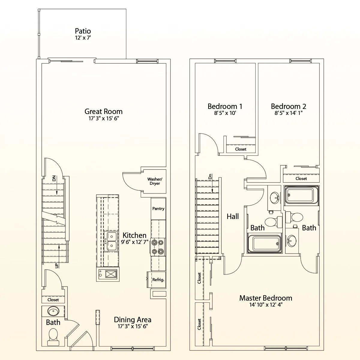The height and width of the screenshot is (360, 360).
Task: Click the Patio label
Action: coord(83,31)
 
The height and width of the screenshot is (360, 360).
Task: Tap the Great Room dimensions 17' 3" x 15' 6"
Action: coord(104,118)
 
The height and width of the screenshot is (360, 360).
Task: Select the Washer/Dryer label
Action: coord(155,181)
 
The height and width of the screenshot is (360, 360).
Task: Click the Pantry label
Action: coord(158,208)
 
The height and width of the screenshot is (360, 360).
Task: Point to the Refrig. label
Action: coord(158,280)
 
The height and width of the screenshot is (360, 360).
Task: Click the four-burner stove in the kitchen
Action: coord(158,247)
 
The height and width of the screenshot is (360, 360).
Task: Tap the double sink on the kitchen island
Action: coord(111,241)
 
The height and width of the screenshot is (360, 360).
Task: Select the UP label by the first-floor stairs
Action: coord(57,265)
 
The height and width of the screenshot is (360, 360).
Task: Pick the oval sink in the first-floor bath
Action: coord(53,311)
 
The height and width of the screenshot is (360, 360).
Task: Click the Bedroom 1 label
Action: coord(225,106)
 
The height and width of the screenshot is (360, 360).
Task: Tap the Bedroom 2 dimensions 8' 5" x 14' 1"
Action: coord(288,113)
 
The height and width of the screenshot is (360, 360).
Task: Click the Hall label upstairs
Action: coord(232,216)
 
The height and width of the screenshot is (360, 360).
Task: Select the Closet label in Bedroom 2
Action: coord(301,178)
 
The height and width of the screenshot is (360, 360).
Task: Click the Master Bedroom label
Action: coord(266,298)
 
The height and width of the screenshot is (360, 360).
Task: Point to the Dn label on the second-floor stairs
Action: coord(210,176)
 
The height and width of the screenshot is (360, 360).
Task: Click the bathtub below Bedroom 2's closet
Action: coord(301,196)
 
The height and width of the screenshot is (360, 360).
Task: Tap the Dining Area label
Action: coord(133,319)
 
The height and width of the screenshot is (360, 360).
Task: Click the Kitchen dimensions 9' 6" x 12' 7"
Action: coord(134,242)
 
